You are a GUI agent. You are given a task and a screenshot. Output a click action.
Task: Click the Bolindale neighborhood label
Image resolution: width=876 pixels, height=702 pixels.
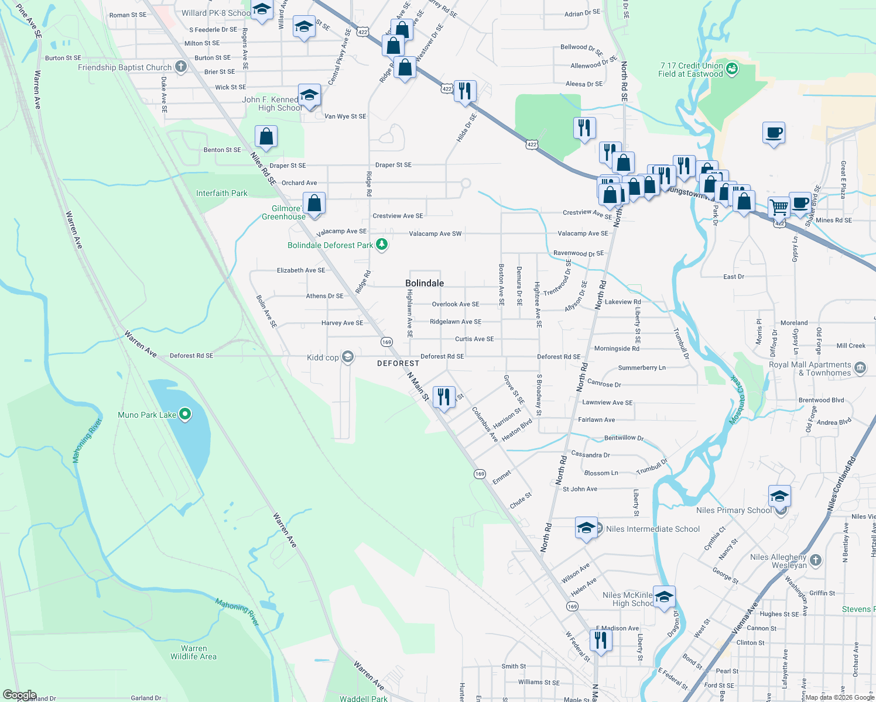425,283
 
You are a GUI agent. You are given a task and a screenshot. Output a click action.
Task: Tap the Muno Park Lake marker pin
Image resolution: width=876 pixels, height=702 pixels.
185,415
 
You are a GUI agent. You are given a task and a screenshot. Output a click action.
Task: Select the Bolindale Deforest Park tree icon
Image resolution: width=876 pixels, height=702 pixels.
382,245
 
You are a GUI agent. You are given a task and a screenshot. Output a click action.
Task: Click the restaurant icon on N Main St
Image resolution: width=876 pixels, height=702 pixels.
444,397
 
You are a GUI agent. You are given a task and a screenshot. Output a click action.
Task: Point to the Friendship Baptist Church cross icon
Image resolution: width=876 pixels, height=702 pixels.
181,67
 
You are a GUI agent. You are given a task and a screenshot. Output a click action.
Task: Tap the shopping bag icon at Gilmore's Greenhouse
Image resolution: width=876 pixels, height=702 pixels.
314,204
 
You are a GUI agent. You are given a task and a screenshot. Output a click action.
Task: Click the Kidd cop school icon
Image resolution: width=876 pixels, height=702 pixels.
348,357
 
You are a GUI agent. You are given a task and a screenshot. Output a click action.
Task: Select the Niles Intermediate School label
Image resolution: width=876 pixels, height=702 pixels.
652,529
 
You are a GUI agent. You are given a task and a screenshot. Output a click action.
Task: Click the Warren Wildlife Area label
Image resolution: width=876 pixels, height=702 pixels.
193,652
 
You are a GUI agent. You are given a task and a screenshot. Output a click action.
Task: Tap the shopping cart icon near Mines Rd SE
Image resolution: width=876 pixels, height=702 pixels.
779,207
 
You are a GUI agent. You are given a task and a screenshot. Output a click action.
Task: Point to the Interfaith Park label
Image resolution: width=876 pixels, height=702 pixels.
221,193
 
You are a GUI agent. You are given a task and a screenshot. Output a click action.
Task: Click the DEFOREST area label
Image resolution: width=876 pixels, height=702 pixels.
398,363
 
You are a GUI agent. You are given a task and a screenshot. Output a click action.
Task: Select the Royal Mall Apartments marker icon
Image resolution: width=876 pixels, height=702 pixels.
860,368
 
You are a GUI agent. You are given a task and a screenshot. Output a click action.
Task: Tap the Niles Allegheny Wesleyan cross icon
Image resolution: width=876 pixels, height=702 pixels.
816,560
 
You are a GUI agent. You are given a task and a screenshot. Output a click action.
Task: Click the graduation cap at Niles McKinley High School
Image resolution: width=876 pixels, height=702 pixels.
664,597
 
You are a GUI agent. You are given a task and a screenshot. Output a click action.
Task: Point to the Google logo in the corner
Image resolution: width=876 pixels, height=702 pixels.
19,695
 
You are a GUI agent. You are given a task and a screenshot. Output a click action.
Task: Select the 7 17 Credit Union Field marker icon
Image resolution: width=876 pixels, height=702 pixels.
731,70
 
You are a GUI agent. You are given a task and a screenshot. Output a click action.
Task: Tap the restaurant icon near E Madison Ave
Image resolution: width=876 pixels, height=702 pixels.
600,640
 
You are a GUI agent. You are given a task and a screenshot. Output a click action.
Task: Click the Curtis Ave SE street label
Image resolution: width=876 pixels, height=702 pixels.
474,339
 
